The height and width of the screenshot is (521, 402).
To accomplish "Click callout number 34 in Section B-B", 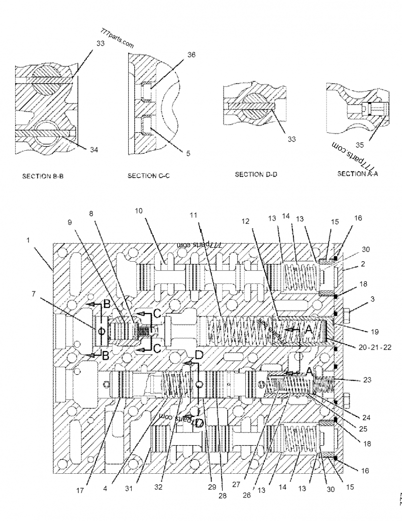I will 94,149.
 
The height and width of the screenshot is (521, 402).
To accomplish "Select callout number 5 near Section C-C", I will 187,155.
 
